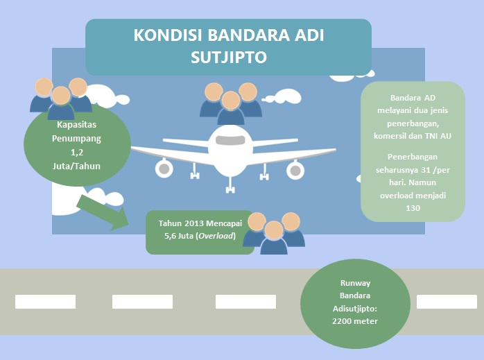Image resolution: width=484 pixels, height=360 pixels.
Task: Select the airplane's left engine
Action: [164, 167]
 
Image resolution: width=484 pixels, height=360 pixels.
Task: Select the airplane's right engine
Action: [295, 167]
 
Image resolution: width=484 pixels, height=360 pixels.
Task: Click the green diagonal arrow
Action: [103, 211]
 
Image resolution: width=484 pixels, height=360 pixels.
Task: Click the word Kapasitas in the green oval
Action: [77, 126]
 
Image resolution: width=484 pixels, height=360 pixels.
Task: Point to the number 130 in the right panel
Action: [413, 207]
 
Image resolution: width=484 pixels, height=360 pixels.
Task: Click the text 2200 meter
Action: [355, 321]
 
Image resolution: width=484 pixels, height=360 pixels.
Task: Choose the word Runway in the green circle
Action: [355, 283]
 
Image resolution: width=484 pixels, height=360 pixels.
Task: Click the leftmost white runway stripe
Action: [45, 301]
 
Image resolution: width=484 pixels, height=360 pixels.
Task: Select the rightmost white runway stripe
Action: [447, 301]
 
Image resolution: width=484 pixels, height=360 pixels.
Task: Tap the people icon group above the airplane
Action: [230, 103]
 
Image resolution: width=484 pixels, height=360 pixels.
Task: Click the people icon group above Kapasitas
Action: [60, 97]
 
